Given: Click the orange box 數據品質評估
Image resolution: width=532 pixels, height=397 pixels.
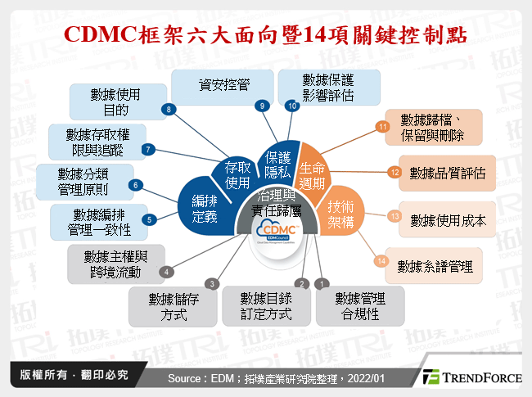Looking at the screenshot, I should [447, 173].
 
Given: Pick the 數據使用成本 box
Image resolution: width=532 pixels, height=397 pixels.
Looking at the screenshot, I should [447, 219].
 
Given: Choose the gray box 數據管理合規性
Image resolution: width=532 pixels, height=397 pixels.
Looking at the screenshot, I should [360, 303].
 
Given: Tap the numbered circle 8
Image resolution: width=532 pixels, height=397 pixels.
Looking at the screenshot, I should [169, 109].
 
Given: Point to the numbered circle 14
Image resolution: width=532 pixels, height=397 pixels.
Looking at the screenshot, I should [381, 261].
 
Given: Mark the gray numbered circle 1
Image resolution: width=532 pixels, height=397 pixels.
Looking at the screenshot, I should [322, 283].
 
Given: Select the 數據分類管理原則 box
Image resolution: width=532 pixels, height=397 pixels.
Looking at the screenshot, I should [81, 182].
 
